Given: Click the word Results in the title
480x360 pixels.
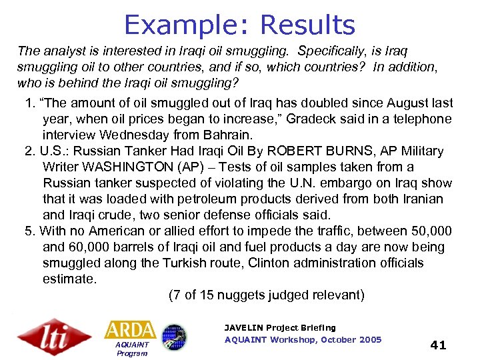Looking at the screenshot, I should click(x=307, y=25).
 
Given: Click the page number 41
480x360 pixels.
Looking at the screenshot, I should click(x=438, y=345).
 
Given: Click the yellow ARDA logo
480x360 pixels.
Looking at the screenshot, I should click(x=130, y=330).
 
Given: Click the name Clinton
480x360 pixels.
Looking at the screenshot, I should click(x=273, y=263).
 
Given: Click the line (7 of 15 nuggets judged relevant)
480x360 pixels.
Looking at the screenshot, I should click(x=266, y=295).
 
